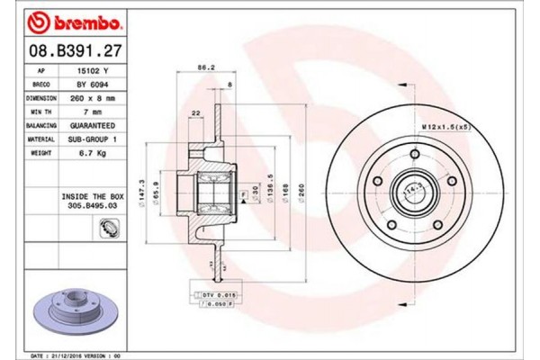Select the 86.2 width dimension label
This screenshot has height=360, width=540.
click(x=205, y=67)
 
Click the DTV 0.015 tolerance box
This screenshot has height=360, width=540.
click(x=214, y=295)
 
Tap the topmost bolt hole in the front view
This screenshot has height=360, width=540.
click(x=416, y=149)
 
